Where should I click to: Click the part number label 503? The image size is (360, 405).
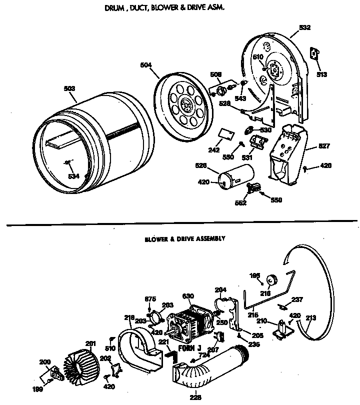[x=69, y=88]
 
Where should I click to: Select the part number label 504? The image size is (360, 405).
[x=146, y=64]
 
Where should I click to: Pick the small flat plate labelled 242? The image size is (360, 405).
[x=227, y=133]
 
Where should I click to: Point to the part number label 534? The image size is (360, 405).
[x=74, y=176]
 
